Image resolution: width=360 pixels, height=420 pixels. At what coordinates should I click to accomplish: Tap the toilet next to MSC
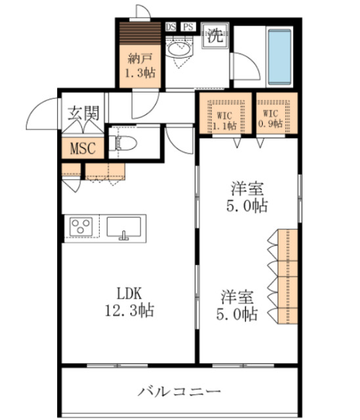(x=125, y=141)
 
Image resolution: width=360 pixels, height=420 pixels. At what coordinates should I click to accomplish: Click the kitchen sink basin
(x=123, y=227)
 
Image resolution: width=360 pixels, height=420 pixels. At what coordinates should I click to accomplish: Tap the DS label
(x=171, y=27)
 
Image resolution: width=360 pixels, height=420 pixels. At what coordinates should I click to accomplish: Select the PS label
(x=188, y=27)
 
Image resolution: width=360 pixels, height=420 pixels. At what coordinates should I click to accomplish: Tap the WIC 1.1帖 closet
(x=225, y=115)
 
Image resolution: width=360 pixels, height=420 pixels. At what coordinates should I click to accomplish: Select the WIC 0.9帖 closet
(x=276, y=115)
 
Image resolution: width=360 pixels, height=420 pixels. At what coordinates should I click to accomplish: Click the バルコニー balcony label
(x=179, y=392)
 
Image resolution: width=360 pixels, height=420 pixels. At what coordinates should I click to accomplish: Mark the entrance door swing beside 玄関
(x=45, y=116)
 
